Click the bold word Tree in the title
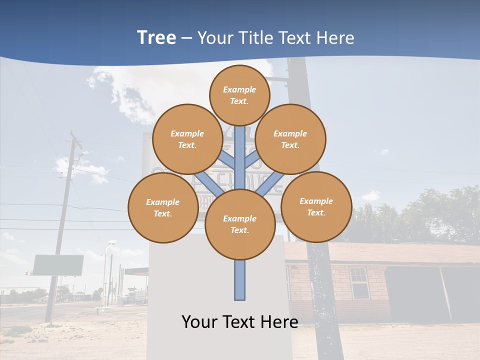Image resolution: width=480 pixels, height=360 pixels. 156,38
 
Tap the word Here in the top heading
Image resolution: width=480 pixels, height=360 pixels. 335,38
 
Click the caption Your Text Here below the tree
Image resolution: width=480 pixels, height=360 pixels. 240,322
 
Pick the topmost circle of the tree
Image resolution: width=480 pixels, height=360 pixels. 239,95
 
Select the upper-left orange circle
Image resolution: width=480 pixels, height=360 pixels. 187,139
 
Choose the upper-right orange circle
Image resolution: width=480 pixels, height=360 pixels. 290,139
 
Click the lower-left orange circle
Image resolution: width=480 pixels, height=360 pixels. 163,207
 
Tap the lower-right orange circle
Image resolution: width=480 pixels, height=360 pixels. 316,206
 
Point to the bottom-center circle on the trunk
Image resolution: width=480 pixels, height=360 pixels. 240,224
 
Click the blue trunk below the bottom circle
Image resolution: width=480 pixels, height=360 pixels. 240,280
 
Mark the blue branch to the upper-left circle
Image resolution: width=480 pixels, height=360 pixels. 226,159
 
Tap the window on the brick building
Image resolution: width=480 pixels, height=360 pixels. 358,282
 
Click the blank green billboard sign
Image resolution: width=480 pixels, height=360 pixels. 58,265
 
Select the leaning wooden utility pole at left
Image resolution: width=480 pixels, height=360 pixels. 62,225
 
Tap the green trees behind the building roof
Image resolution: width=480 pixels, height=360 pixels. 430,215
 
